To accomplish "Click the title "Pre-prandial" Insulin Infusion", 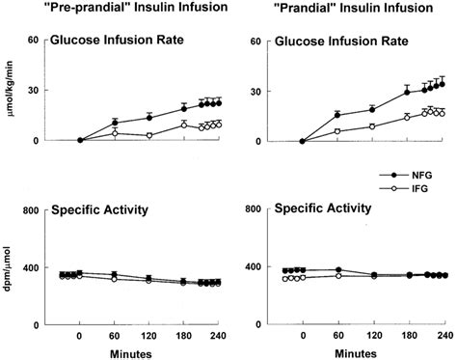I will coord(121,10).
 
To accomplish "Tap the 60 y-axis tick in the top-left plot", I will coord(32,41).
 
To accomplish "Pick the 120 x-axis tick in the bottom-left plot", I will coord(149,336).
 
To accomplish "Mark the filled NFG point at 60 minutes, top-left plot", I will coord(115,123).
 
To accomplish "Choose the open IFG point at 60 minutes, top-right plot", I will coord(337,131).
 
